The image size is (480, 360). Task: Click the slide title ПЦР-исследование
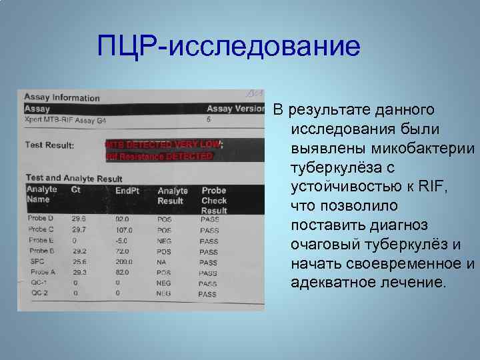[228, 47]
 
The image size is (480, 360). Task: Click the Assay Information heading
[62, 98]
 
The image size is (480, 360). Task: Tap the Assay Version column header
[235, 109]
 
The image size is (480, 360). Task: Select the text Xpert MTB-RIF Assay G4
[65, 121]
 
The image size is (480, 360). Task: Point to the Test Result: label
[49, 144]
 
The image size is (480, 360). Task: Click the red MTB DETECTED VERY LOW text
[163, 144]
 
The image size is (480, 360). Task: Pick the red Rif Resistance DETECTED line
[159, 156]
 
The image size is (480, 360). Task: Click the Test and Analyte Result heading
[73, 178]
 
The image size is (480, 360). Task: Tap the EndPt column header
[127, 191]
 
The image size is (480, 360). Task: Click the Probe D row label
[41, 218]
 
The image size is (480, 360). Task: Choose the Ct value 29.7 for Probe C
[79, 229]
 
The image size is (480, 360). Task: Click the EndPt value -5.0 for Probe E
[122, 241]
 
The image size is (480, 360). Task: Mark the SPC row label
[37, 262]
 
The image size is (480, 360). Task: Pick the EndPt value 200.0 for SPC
[124, 262]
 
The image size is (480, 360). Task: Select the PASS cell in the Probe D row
[209, 219]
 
